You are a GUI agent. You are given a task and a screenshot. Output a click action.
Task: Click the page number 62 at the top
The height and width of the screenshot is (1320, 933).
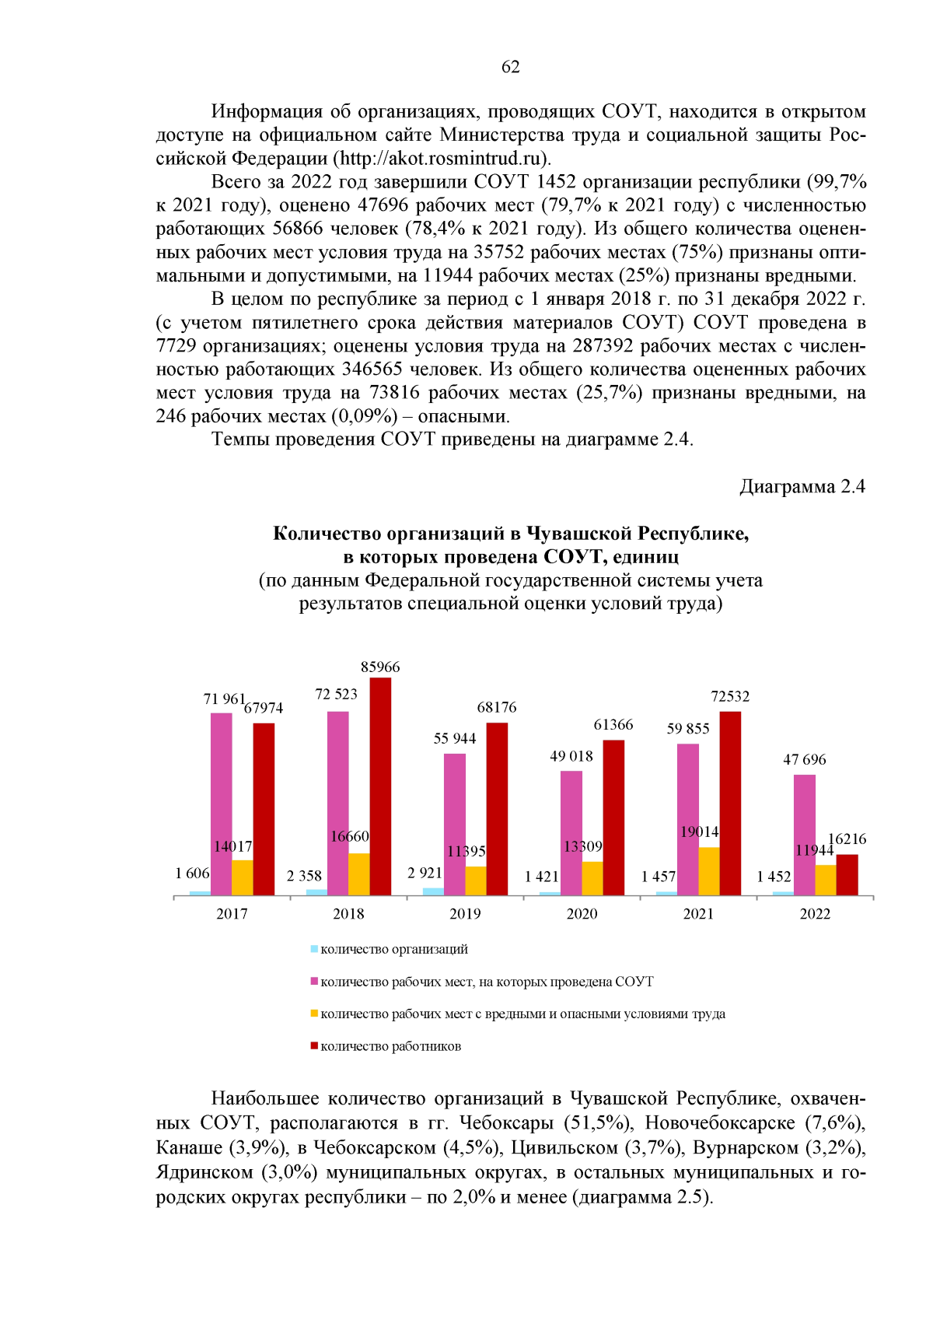tap(510, 67)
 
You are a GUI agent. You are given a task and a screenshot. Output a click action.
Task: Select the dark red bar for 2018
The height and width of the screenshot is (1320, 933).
tap(380, 786)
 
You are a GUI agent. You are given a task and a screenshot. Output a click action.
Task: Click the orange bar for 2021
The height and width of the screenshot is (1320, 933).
tap(709, 871)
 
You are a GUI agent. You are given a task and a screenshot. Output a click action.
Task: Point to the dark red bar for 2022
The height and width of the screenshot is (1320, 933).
tap(847, 874)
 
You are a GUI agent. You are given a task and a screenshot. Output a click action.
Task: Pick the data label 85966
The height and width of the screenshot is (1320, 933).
tap(380, 667)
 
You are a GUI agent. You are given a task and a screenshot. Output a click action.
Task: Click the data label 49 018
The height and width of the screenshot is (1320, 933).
tap(571, 756)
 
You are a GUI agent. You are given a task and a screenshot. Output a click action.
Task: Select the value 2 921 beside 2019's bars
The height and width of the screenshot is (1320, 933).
tap(425, 873)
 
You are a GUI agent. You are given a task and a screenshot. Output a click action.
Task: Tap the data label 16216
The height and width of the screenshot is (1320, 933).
tap(847, 839)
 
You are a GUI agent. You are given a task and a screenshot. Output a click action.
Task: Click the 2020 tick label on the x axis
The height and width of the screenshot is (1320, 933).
tap(582, 914)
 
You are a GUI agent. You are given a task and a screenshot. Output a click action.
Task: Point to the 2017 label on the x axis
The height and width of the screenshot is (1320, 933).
tap(232, 914)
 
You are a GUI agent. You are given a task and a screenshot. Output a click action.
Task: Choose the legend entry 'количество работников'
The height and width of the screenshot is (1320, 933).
tap(390, 1046)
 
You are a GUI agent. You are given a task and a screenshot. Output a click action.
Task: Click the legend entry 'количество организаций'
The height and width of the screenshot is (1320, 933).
tap(393, 949)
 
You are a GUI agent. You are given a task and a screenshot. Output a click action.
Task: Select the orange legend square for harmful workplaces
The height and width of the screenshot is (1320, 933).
tap(314, 1014)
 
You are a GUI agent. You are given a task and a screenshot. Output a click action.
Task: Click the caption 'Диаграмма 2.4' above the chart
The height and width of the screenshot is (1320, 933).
tap(802, 487)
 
